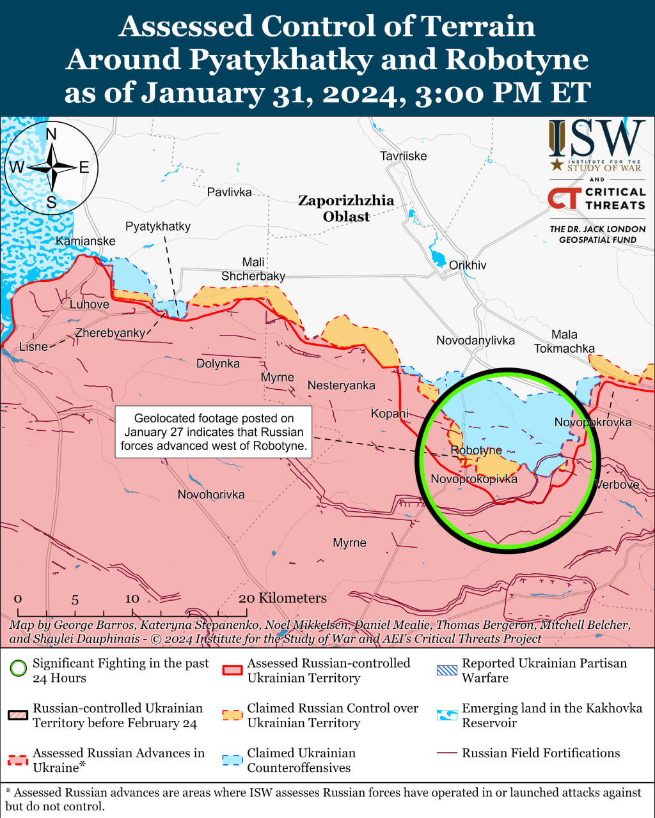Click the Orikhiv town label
[468, 265]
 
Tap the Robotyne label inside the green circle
[476, 451]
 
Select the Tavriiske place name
[403, 156]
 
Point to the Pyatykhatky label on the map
[157, 226]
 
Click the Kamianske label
[86, 241]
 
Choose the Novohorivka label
[211, 495]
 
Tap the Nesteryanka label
[341, 385]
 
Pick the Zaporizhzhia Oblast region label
[346, 208]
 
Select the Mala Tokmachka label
[564, 341]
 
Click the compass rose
[51, 168]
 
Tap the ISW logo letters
[597, 140]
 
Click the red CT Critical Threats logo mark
[564, 199]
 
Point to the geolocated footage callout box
[213, 432]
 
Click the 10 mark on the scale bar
[132, 599]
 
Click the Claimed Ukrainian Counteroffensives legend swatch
[233, 760]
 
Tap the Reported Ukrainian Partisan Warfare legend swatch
[447, 670]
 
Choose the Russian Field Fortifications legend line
[447, 753]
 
